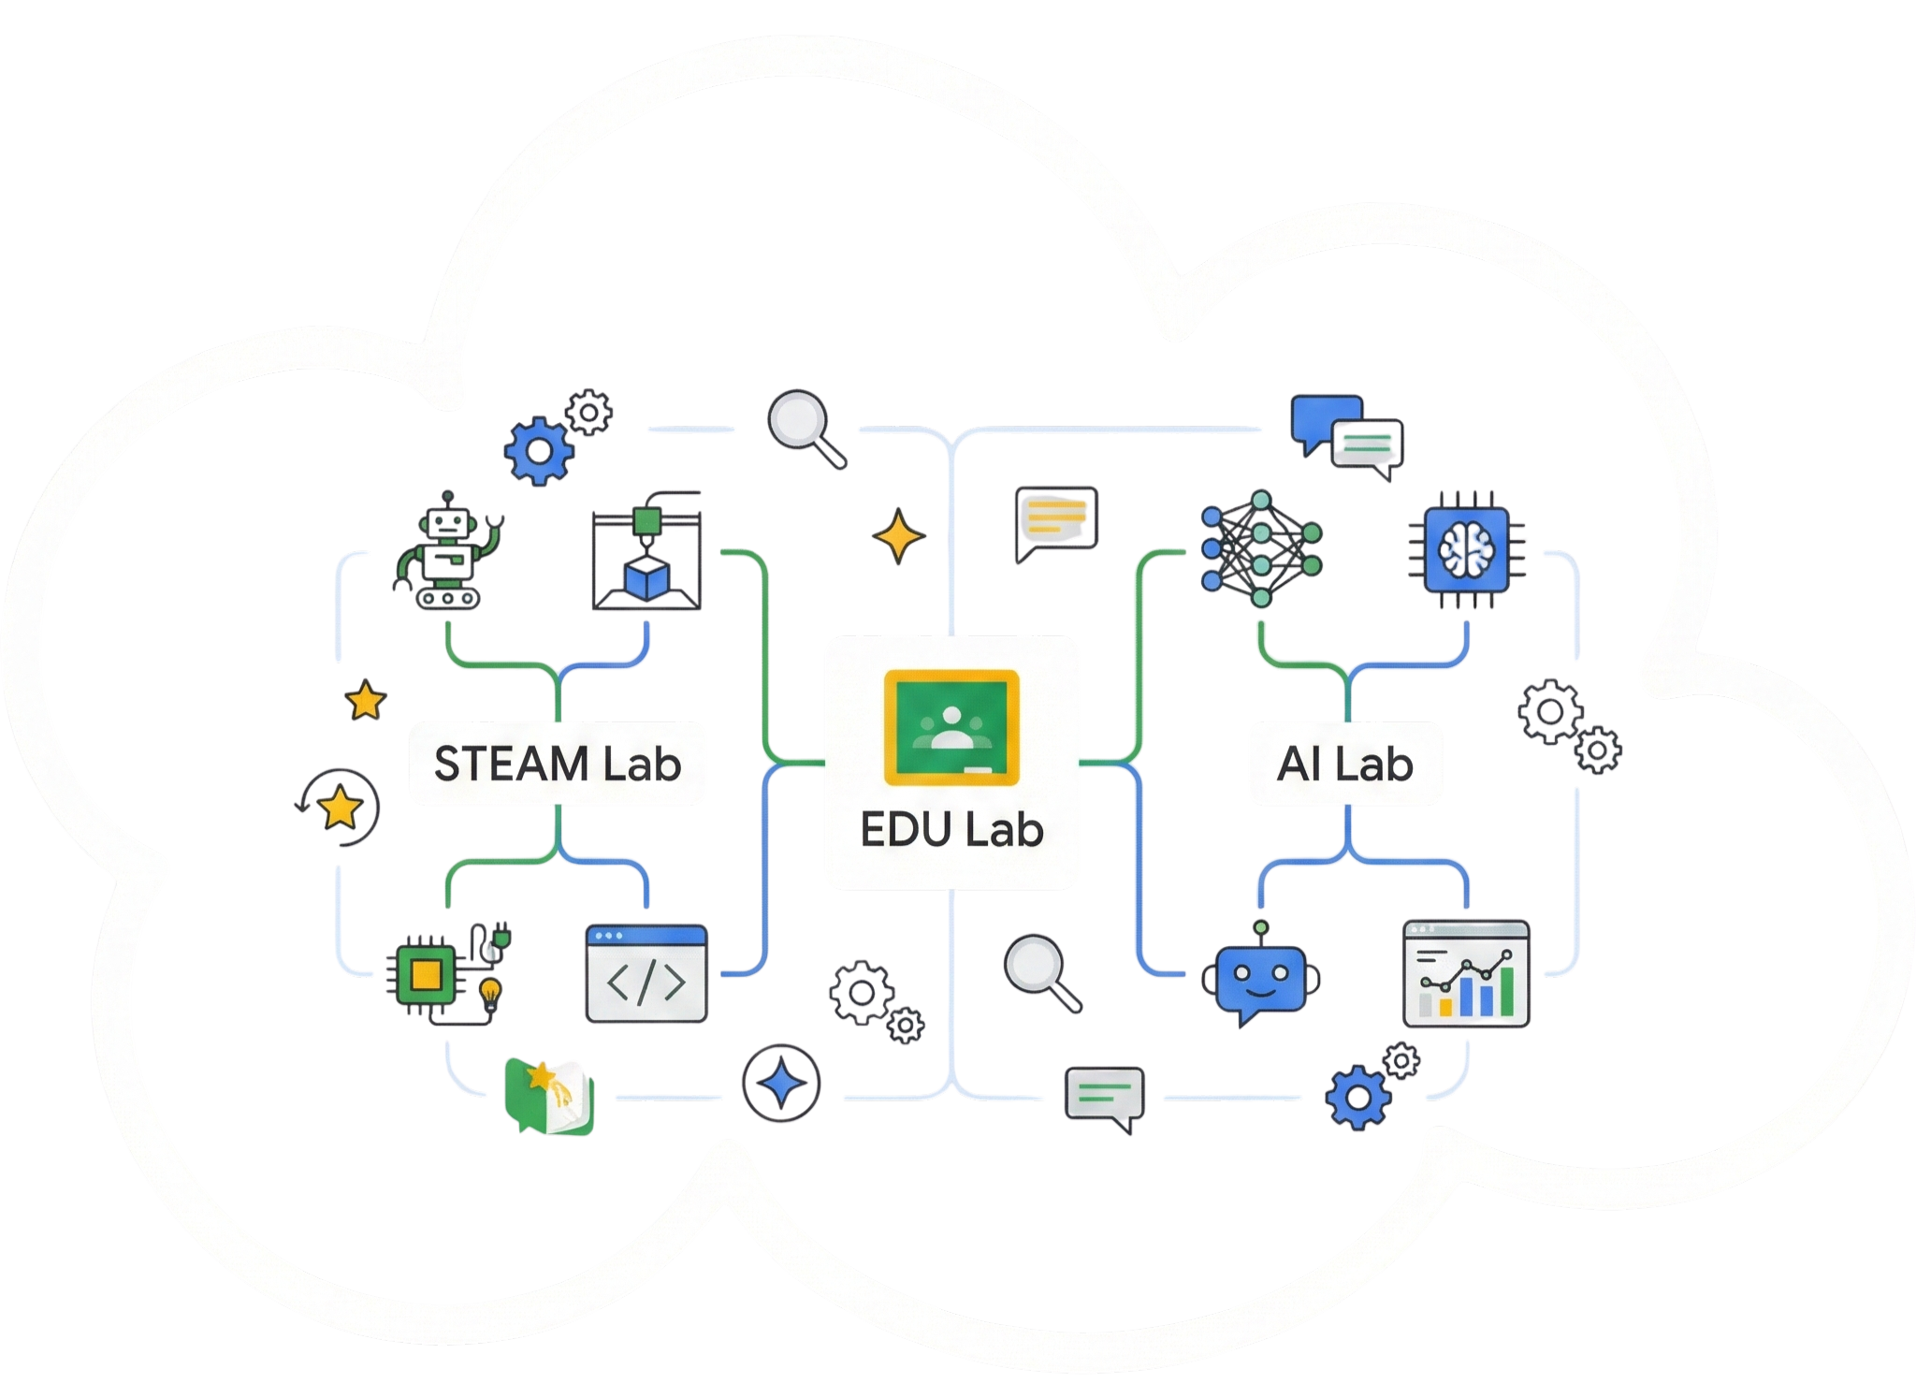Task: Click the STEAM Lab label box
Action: [x=557, y=764]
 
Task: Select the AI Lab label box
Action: [x=1345, y=764]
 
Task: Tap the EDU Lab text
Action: [x=951, y=831]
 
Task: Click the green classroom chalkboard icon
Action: [x=951, y=727]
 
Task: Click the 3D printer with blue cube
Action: [x=646, y=559]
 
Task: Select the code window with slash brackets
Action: [x=646, y=974]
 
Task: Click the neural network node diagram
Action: [x=1260, y=547]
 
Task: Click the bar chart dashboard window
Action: [x=1465, y=973]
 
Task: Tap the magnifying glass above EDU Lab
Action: [x=801, y=424]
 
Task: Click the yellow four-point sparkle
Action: [x=898, y=536]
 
